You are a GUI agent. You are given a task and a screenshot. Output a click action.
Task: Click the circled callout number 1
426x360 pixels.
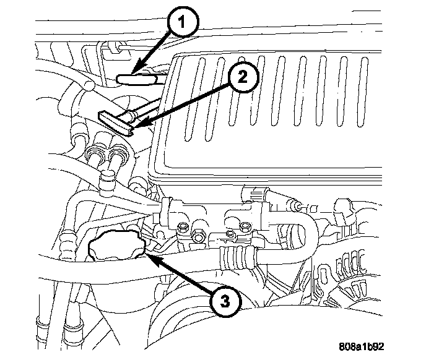[183, 21]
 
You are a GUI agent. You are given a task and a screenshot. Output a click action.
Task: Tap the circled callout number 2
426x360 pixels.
[242, 77]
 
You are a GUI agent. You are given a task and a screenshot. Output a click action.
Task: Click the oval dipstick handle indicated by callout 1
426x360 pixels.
[137, 79]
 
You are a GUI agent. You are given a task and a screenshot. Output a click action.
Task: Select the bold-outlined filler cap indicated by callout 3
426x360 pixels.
[117, 246]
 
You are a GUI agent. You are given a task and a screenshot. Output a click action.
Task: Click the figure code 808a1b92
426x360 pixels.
[362, 346]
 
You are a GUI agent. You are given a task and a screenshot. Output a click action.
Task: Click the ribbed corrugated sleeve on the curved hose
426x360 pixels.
[238, 257]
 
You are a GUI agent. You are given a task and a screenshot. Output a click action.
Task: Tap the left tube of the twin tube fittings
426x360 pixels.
[95, 160]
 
